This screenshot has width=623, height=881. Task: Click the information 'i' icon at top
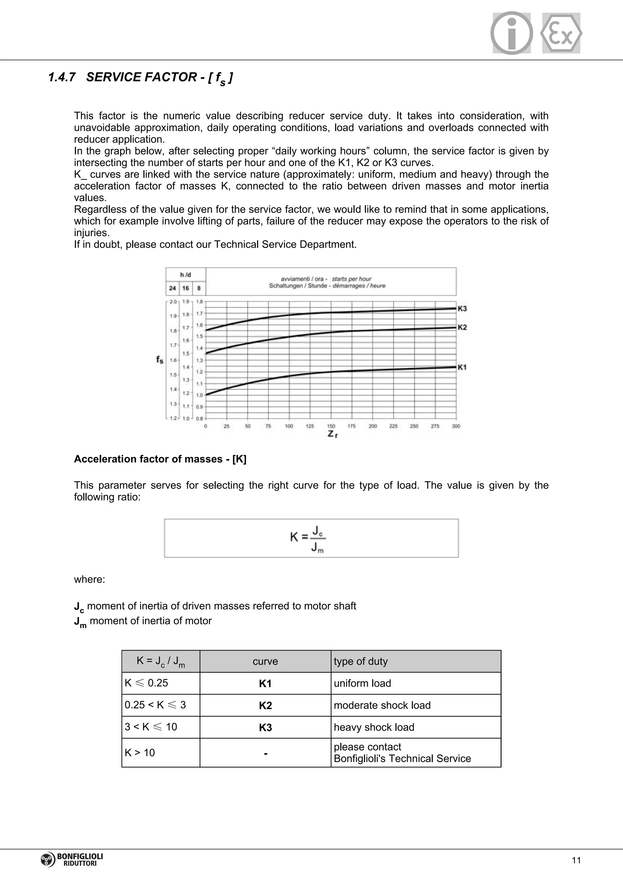coord(511,33)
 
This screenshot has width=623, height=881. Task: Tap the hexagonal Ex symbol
coord(561,33)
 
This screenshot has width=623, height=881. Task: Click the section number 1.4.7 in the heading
coord(61,77)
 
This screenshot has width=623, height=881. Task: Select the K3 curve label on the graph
coord(462,308)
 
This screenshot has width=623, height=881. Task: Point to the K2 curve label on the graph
coord(462,327)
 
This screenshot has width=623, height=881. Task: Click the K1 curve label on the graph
coord(462,367)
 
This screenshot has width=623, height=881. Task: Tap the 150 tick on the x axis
coord(331,426)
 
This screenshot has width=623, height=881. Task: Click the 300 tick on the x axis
coord(456,426)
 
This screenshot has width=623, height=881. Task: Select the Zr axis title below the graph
coord(332,434)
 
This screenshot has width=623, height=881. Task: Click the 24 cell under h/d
coord(172,288)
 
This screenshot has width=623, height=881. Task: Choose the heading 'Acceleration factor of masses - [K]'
coord(160,459)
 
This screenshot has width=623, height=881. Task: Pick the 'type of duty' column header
coord(360,661)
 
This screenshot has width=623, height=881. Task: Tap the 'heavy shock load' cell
coord(374,727)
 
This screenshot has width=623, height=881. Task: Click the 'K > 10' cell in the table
coord(140,752)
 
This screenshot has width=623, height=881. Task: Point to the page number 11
coord(576,860)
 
